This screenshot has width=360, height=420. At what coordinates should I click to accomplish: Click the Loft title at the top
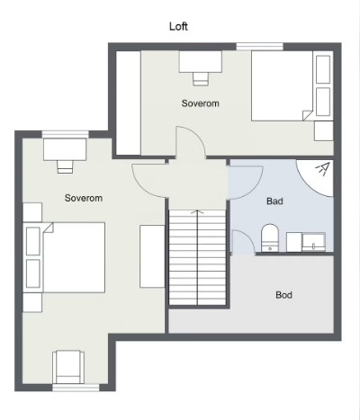tap(178, 26)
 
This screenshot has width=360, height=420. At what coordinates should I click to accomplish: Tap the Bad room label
tap(274, 201)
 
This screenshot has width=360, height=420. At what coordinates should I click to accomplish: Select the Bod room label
tap(283, 295)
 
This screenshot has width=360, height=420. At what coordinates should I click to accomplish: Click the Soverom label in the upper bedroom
tap(201, 103)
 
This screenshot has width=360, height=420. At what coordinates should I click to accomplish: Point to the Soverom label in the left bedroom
tap(84, 198)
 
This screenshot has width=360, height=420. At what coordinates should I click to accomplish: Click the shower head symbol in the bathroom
tap(323, 168)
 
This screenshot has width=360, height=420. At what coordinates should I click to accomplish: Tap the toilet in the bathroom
tap(270, 237)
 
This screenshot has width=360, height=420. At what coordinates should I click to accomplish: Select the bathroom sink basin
tap(313, 243)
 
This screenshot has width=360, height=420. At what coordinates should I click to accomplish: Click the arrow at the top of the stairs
tap(197, 211)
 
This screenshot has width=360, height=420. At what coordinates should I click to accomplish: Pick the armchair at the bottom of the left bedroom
tap(68, 367)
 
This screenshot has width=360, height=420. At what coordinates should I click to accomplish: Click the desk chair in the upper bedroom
tap(201, 79)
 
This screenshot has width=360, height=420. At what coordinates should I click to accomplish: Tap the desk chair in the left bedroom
tap(65, 166)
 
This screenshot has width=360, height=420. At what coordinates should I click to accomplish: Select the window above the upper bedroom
tap(259, 47)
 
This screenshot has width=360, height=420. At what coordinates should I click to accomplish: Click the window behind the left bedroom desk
tap(65, 134)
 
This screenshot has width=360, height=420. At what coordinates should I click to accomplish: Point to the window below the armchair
tap(76, 388)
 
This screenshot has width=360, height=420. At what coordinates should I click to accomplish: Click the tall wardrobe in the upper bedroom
tap(129, 103)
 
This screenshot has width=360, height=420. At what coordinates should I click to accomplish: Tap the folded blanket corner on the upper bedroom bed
tap(308, 115)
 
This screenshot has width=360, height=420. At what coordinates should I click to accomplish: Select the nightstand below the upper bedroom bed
tap(324, 131)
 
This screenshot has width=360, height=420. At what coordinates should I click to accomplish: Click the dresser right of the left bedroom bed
tap(152, 256)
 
